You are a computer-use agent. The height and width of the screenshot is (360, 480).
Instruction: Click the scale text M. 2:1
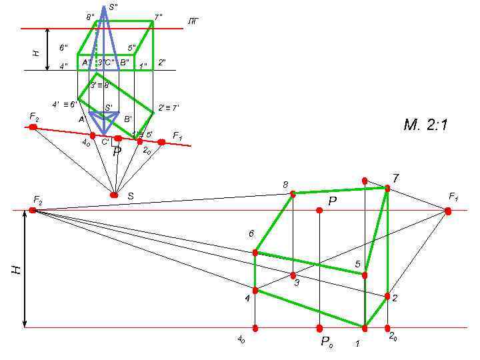click(425, 125)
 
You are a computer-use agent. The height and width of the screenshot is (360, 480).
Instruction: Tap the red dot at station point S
click(114, 195)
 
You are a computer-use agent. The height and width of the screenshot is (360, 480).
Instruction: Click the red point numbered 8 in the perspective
click(293, 194)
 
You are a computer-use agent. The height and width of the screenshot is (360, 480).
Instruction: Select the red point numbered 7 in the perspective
click(387, 189)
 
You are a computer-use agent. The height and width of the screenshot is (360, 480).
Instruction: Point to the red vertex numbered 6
click(255, 253)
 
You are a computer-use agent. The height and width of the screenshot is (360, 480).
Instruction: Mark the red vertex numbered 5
click(365, 275)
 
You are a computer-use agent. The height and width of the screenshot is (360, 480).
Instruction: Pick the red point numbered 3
click(293, 275)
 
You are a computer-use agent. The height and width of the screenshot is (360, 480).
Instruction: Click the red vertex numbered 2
click(387, 296)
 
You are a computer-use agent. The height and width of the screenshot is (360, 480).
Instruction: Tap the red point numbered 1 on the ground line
click(365, 328)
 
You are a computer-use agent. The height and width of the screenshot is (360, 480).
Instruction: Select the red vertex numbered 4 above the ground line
click(255, 291)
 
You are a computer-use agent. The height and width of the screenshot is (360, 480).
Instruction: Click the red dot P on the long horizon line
click(319, 210)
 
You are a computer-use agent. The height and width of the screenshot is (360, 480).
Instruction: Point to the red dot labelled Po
click(319, 328)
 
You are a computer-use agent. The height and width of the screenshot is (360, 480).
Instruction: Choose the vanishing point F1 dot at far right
click(448, 211)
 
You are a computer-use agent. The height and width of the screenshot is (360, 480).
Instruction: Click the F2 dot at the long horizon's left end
click(33, 210)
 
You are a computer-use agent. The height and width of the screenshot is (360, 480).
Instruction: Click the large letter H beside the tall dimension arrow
click(15, 269)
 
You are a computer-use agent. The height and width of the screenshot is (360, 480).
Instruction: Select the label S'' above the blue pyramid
click(113, 7)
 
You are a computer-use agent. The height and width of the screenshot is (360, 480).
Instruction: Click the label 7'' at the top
click(158, 16)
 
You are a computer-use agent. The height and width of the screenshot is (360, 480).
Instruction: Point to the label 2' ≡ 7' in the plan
click(168, 107)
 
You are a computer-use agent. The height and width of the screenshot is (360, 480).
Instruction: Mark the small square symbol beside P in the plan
click(115, 142)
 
